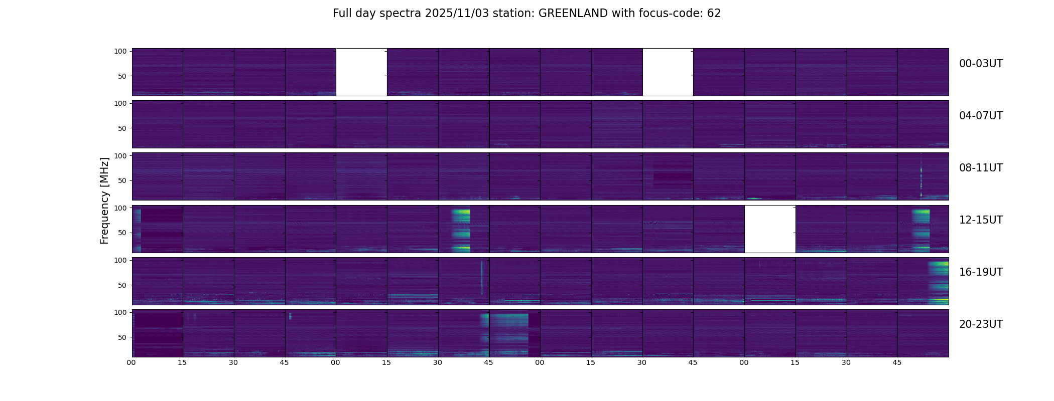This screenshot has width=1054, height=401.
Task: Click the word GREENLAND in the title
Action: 573,14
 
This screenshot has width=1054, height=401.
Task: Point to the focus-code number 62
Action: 714,14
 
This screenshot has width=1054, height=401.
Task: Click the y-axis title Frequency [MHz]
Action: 104,200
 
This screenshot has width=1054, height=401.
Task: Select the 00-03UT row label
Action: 981,64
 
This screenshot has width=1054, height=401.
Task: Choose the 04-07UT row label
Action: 981,116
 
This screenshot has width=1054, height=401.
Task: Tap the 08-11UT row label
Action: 981,168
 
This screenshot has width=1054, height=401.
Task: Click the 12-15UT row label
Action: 981,220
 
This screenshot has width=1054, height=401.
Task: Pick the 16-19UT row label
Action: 981,272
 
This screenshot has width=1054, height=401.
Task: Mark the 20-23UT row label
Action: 981,324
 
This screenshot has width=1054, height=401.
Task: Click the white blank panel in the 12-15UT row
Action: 770,229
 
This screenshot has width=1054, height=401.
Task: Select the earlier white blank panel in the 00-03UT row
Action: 361,72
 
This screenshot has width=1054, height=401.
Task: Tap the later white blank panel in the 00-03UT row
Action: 668,72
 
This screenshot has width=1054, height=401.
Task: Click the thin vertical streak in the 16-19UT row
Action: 481,278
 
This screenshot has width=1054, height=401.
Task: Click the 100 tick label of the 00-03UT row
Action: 120,51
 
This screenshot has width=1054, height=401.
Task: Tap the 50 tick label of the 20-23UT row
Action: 122,337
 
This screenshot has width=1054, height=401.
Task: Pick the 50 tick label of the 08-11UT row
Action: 122,180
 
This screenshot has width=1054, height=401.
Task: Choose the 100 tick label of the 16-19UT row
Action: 120,260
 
